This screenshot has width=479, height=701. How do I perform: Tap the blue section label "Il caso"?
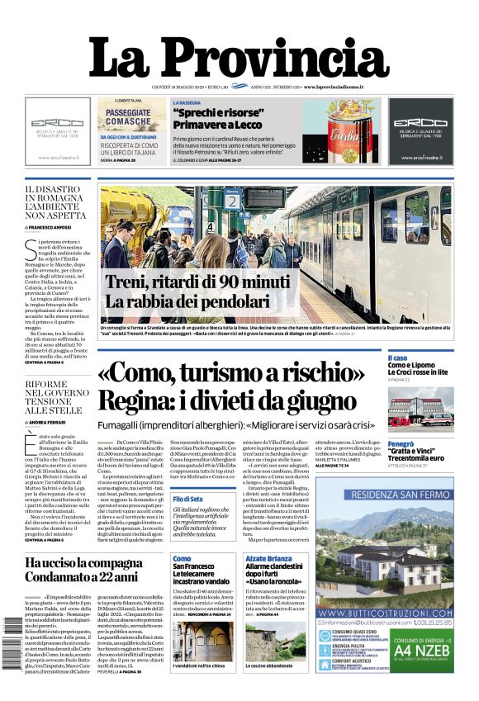tap(397, 358)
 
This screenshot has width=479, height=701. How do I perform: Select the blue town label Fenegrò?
tap(401, 444)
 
